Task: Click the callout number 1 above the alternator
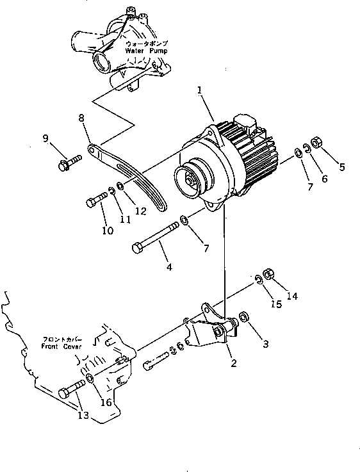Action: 200,92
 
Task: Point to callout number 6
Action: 323,179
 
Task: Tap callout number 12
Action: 140,210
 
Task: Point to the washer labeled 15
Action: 258,279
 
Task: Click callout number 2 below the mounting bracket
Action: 233,363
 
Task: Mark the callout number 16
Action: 106,402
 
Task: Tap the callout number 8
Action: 81,117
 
